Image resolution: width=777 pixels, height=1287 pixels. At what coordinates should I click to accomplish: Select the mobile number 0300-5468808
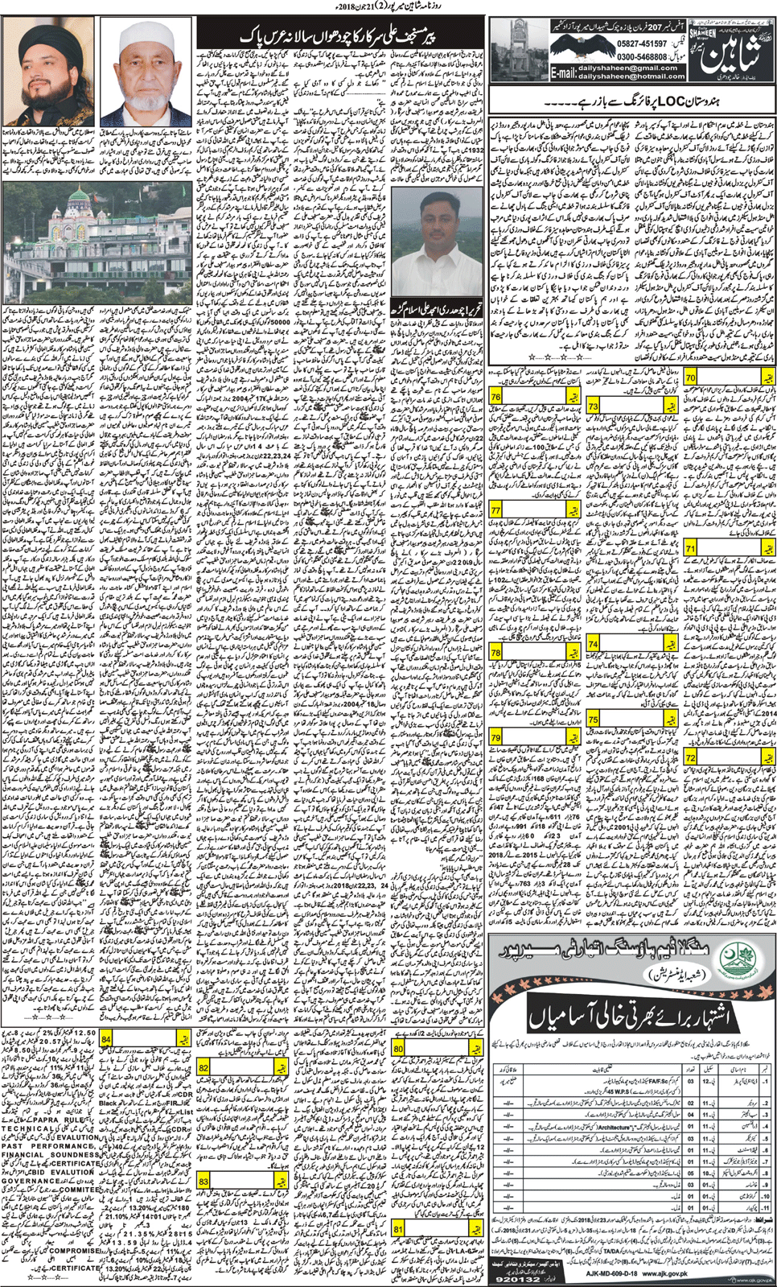pos(642,58)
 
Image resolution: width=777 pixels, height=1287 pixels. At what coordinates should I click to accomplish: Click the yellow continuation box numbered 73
pos(593,406)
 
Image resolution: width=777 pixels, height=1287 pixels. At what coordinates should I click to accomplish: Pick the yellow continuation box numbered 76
pos(495,397)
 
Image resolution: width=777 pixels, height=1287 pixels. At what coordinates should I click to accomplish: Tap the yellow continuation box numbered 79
pos(495,738)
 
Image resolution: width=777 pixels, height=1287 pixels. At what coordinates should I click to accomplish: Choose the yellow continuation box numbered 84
pos(106,1039)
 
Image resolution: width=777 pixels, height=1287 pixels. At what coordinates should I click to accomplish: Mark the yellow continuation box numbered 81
pos(398,1229)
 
